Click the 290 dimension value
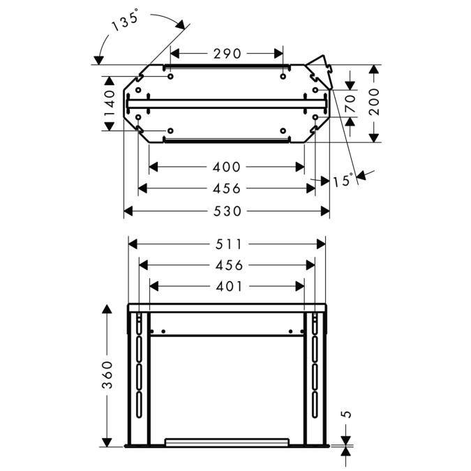click(227, 54)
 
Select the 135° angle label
click(125, 20)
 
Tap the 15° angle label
click(343, 180)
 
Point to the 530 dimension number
click(227, 211)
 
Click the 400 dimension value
click(227, 167)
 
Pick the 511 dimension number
click(229, 244)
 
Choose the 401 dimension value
click(229, 287)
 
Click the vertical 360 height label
click(107, 375)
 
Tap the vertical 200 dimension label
click(374, 102)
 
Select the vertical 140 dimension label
click(110, 103)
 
